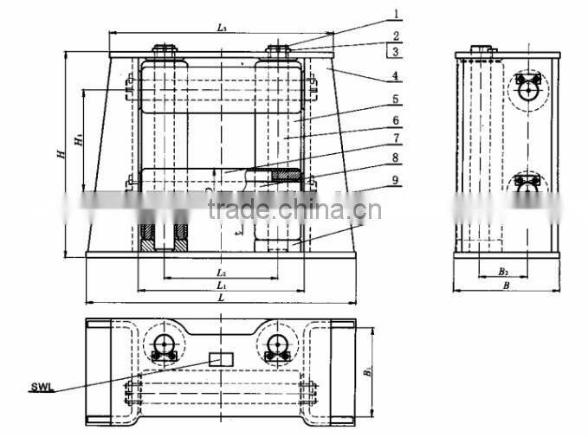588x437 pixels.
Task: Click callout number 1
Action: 396,15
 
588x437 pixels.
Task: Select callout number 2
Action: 396,36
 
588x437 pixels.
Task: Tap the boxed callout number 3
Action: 396,52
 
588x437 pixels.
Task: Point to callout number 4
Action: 396,77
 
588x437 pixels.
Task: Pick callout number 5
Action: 396,99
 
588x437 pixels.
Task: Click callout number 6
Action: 396,120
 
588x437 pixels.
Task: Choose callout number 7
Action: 396,138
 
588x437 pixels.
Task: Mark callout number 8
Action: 396,158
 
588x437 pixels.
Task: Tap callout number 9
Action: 396,180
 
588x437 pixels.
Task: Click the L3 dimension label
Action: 222,29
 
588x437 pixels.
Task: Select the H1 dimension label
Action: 77,138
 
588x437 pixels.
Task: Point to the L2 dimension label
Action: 221,273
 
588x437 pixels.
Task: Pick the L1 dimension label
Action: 221,285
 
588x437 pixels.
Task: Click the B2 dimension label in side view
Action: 503,272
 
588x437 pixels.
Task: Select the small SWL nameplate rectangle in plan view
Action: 222,358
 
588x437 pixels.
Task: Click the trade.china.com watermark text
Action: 294,209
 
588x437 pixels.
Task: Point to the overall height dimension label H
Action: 60,154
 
